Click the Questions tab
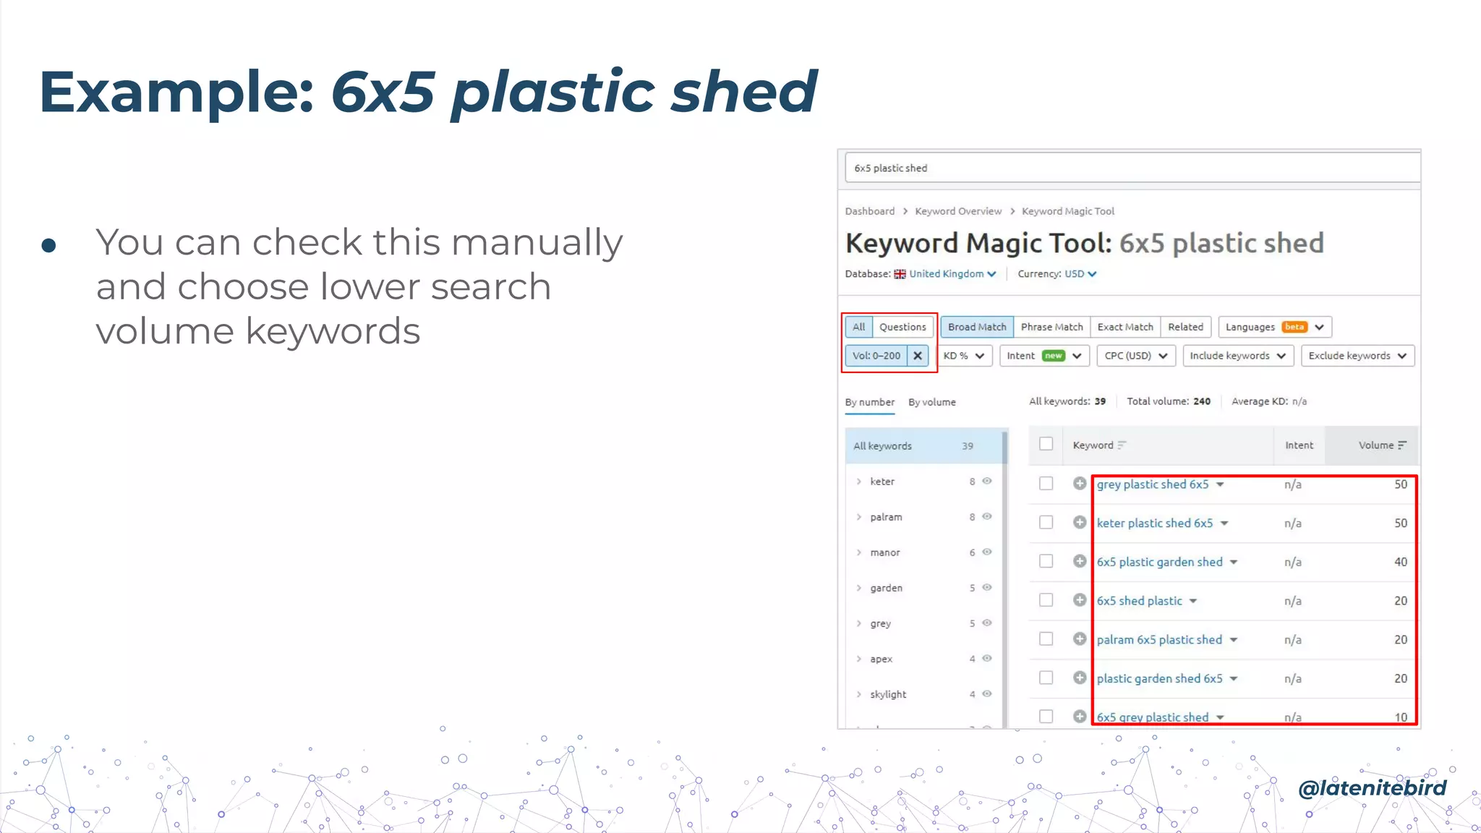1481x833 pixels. pos(902,327)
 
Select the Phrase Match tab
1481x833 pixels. pos(1051,327)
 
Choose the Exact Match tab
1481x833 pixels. pos(1125,327)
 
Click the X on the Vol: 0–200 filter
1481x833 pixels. pos(918,356)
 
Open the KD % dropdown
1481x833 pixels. pos(964,356)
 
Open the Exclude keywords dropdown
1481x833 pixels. pos(1357,356)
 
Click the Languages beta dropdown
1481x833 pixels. pos(1274,327)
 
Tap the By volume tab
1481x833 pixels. pos(932,402)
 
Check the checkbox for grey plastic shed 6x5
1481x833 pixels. pos(1046,484)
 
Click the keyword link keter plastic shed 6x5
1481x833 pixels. pos(1154,523)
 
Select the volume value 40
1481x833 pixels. pos(1400,562)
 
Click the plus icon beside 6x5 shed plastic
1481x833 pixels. pos(1080,600)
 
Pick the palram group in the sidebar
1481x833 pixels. pos(886,517)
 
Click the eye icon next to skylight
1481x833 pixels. pos(987,694)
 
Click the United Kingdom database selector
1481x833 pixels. pos(946,274)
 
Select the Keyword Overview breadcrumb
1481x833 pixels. pos(958,211)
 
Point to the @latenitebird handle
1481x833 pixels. pos(1372,787)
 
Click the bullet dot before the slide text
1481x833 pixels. pos(49,246)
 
